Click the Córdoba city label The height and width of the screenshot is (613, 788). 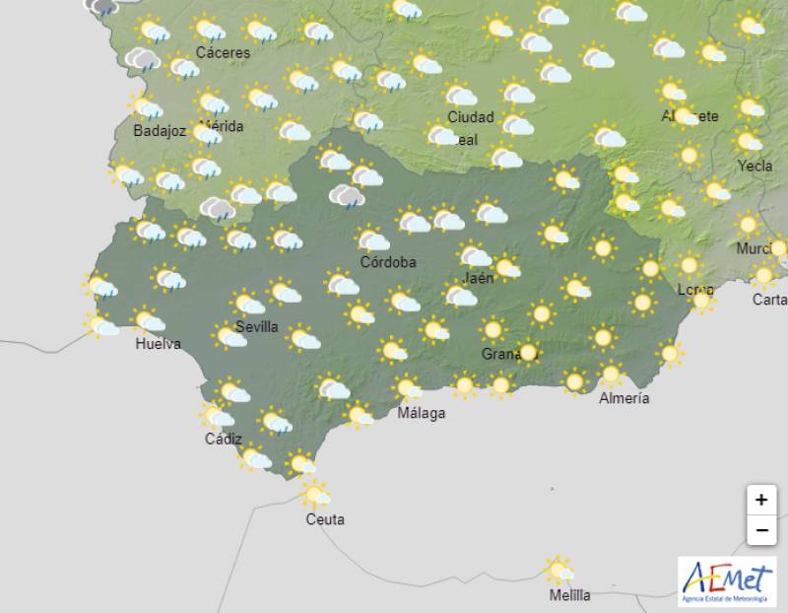tap(387, 262)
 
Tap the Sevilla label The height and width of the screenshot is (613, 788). tap(257, 326)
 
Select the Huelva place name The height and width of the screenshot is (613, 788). tap(159, 344)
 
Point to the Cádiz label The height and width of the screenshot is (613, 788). tap(223, 440)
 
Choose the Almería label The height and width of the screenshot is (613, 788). tap(624, 398)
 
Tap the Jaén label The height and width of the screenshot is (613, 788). tap(477, 279)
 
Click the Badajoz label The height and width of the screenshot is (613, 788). tap(159, 131)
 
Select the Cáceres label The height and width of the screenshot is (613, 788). tap(223, 52)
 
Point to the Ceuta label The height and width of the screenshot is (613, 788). tap(325, 519)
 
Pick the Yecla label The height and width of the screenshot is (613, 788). tap(755, 166)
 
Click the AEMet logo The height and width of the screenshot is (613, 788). tap(727, 581)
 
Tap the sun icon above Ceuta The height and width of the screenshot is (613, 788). tap(315, 493)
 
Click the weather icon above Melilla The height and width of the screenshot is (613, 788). tap(559, 569)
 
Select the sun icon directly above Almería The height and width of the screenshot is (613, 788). tap(611, 374)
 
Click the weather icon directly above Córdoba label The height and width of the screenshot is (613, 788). tap(372, 238)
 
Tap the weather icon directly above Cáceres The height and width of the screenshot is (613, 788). tap(208, 29)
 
